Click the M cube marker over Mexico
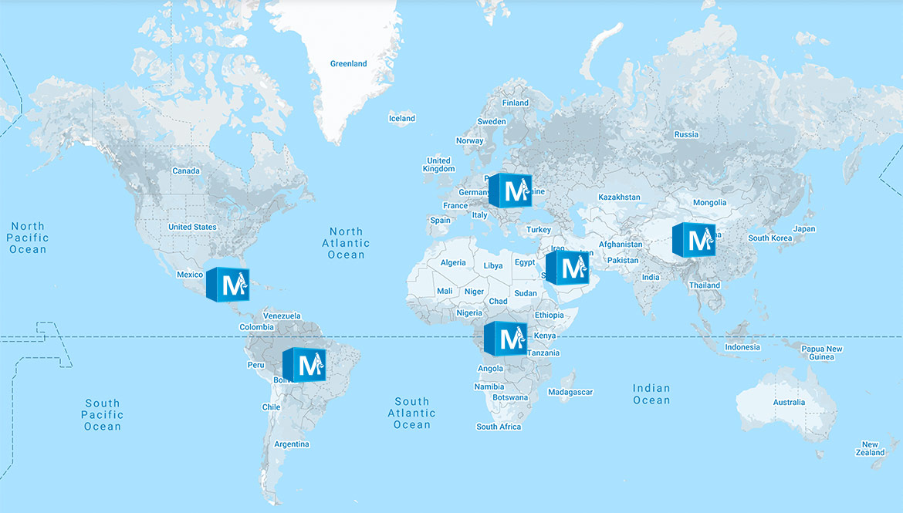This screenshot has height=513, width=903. click(227, 285)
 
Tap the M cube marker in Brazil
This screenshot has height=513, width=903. click(303, 364)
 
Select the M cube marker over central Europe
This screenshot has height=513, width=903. click(510, 190)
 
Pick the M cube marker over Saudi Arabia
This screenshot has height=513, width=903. click(566, 268)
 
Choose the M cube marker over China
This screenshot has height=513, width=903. click(693, 239)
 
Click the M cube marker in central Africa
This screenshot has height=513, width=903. click(505, 338)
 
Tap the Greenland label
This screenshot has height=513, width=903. click(348, 64)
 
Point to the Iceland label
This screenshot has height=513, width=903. click(401, 119)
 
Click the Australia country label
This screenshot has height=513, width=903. click(789, 403)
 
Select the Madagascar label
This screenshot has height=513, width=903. click(570, 392)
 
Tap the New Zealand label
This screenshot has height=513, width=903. click(870, 448)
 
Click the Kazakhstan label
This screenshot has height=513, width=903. click(619, 197)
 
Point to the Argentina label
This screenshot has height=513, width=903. click(292, 444)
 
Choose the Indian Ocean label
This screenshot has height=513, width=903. click(651, 394)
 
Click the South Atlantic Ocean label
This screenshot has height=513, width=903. click(412, 413)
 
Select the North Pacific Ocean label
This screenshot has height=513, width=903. click(28, 238)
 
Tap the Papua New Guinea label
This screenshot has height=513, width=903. click(821, 353)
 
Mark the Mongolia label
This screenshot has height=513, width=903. click(709, 203)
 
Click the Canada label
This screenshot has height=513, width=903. click(185, 171)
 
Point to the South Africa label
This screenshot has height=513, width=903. click(499, 427)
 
